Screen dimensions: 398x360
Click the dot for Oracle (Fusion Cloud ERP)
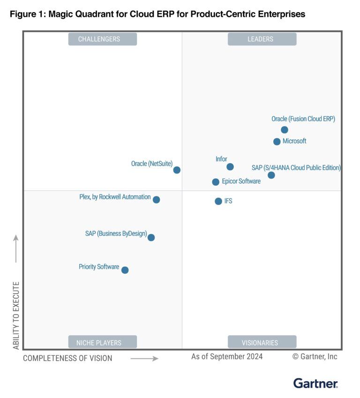pyautogui.click(x=285, y=130)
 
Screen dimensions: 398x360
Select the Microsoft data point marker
pyautogui.click(x=277, y=142)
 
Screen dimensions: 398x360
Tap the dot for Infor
pyautogui.click(x=230, y=167)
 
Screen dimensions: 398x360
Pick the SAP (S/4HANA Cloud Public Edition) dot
pyautogui.click(x=271, y=175)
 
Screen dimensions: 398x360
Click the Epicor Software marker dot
pyautogui.click(x=216, y=182)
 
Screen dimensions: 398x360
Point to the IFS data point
pyautogui.click(x=218, y=201)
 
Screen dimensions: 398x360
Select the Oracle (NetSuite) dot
pyautogui.click(x=177, y=170)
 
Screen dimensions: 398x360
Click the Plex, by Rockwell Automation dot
pyautogui.click(x=157, y=200)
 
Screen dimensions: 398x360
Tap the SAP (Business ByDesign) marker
pyautogui.click(x=151, y=238)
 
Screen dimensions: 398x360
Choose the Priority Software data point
pyautogui.click(x=125, y=270)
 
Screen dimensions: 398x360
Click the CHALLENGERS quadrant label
pyautogui.click(x=103, y=39)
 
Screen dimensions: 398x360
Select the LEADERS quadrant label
pyautogui.click(x=262, y=39)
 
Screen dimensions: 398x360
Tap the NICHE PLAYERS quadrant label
pyautogui.click(x=103, y=343)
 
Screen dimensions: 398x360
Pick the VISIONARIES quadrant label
pyautogui.click(x=262, y=343)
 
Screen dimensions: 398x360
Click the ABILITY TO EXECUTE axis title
pyautogui.click(x=16, y=315)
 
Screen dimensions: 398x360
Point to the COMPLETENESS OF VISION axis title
pyautogui.click(x=67, y=358)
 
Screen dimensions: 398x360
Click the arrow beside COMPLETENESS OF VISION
pyautogui.click(x=144, y=359)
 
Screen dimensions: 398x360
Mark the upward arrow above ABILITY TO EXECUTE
pyautogui.click(x=16, y=248)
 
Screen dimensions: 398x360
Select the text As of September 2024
pyautogui.click(x=227, y=357)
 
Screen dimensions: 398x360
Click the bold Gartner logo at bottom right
pyautogui.click(x=315, y=383)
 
